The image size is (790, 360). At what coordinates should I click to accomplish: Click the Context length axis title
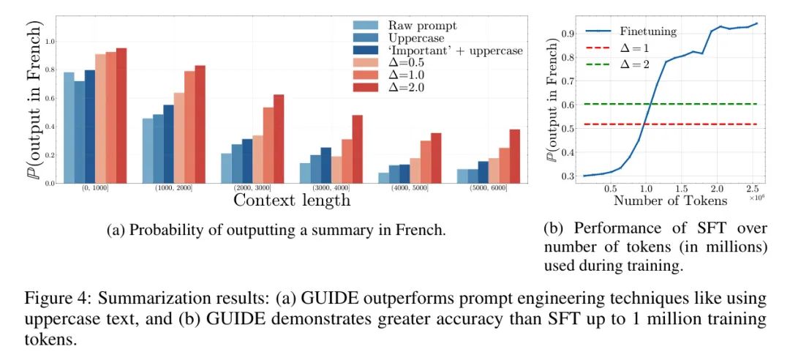point(291,199)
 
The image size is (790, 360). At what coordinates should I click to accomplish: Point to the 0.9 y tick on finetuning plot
point(563,33)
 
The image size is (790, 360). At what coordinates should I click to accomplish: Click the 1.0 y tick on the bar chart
point(50,41)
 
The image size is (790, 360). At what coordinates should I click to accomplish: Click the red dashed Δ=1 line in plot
point(695,124)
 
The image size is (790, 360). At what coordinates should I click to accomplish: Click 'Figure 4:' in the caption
point(50,299)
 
